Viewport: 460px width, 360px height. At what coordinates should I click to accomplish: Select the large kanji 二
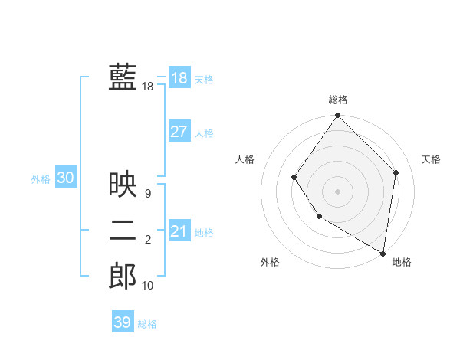(x=123, y=230)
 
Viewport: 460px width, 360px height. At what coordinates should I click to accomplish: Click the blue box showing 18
(x=179, y=78)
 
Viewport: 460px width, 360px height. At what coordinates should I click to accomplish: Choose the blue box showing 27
(x=179, y=131)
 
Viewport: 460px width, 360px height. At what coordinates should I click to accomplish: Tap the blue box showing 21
(x=179, y=231)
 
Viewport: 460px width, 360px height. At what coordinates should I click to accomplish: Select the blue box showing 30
(x=65, y=178)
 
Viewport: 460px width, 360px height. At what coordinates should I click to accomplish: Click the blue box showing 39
(x=122, y=322)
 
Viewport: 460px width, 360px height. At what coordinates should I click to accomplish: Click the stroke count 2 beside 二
(x=148, y=241)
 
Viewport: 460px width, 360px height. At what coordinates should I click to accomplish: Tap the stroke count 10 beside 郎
(x=148, y=286)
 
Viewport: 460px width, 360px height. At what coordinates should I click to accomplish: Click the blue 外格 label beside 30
(x=41, y=179)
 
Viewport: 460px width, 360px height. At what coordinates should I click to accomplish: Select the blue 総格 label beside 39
(x=147, y=324)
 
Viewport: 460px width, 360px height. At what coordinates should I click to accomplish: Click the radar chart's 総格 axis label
(x=338, y=100)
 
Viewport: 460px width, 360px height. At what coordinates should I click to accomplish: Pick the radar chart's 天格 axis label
(x=431, y=159)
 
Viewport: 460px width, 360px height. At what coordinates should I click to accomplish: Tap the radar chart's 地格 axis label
(x=402, y=262)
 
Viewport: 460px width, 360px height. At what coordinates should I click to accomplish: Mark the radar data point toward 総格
(x=337, y=116)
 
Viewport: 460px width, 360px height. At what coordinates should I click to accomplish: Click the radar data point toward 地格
(x=383, y=252)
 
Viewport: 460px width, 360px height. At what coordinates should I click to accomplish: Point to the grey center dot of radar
(x=337, y=191)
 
